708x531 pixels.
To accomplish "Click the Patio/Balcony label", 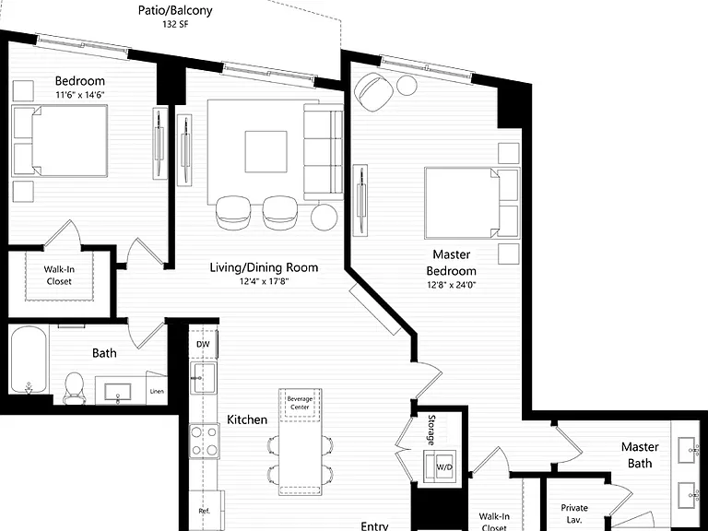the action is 175,10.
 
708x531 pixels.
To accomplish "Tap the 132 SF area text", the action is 175,24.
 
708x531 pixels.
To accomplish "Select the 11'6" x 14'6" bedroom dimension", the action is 80,95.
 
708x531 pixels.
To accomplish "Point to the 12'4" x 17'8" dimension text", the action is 264,282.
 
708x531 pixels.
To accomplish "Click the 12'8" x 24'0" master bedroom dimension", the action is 451,285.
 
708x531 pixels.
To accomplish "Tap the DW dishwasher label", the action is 203,345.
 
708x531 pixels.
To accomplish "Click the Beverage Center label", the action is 300,403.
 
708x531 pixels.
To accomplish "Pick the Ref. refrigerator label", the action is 204,511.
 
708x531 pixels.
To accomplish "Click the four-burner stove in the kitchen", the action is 204,441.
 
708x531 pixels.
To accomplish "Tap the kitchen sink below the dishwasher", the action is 204,378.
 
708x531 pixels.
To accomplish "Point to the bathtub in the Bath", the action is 29,360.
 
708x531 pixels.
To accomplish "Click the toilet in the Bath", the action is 75,388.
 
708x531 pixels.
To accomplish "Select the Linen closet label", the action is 157,391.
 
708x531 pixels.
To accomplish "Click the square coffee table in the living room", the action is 265,152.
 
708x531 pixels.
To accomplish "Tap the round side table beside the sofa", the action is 324,217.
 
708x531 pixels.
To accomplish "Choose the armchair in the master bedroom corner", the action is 373,91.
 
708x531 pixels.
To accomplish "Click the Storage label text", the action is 431,430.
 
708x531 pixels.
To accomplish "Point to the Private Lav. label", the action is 574,513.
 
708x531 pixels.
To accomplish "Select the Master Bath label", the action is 640,455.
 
